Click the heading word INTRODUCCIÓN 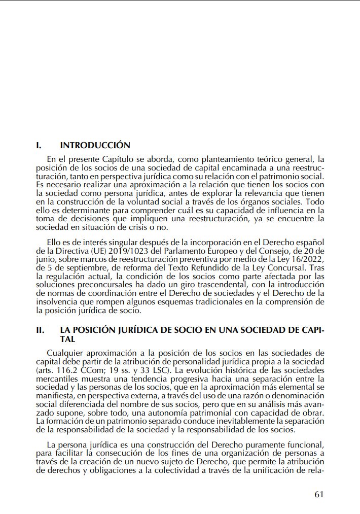point(95,146)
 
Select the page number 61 point(318,495)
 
